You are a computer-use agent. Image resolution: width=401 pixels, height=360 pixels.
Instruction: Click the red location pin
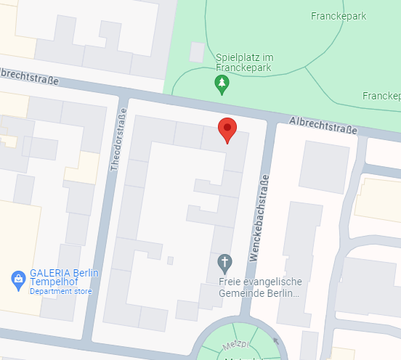click(227, 130)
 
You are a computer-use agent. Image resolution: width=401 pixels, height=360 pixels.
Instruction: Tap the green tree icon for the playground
click(222, 86)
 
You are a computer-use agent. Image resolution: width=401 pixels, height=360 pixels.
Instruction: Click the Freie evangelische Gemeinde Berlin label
click(259, 287)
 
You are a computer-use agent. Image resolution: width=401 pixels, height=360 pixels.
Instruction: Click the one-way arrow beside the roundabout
click(275, 340)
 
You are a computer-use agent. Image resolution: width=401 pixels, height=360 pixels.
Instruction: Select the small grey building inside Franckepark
click(197, 52)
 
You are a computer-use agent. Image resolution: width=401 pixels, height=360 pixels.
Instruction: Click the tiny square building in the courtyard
click(170, 260)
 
